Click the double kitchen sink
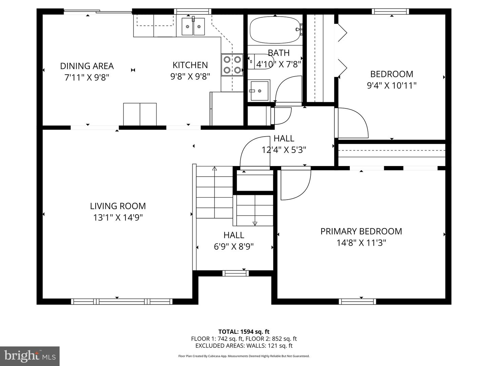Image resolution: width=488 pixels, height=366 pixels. (x=193, y=26)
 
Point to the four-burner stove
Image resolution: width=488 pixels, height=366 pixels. (x=232, y=65)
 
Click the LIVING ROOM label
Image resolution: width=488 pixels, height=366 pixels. (x=118, y=206)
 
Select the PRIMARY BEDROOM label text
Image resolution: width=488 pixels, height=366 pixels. (x=361, y=231)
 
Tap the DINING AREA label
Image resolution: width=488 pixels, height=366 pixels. (x=87, y=66)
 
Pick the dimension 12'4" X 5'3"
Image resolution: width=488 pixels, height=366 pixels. (x=284, y=150)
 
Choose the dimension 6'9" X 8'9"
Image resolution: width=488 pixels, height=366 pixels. (x=234, y=246)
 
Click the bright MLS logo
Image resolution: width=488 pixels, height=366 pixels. (x=30, y=356)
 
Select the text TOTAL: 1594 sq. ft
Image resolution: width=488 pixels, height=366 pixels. (x=244, y=332)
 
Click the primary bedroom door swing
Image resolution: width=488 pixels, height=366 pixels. (x=295, y=185)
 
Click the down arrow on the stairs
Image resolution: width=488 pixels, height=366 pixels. (x=255, y=223)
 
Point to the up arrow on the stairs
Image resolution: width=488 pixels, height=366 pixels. (x=215, y=168)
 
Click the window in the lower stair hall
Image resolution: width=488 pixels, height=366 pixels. (x=236, y=273)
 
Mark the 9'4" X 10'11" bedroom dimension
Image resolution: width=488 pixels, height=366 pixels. (x=392, y=85)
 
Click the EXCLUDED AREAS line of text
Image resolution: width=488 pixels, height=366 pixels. (x=244, y=346)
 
